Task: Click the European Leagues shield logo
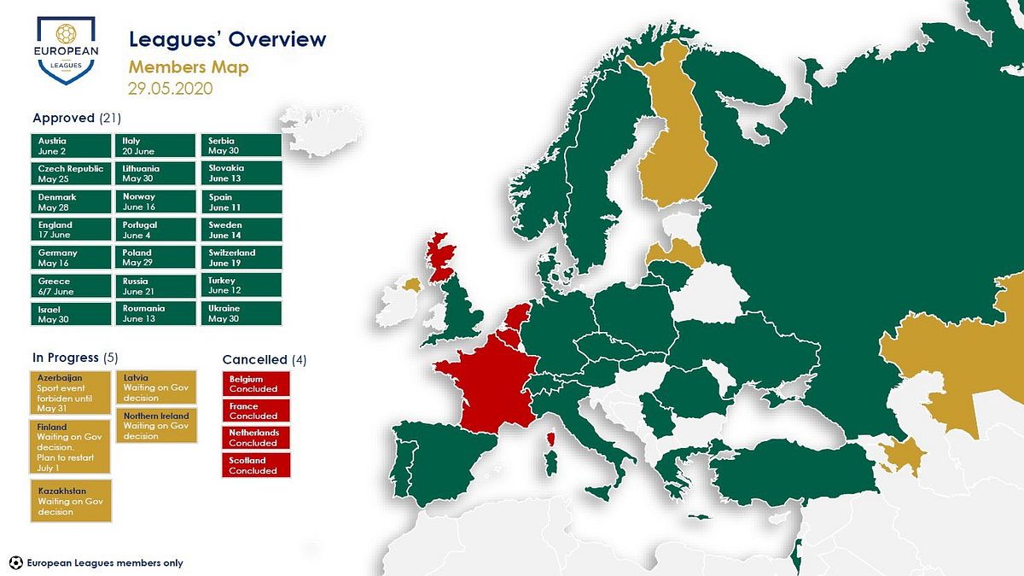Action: tap(67, 50)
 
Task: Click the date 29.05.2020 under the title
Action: tap(170, 88)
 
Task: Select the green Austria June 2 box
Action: tap(71, 146)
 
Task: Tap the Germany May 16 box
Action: tap(71, 258)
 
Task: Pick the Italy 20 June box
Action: tap(155, 146)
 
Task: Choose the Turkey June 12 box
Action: tap(241, 285)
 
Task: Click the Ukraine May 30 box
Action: tap(241, 313)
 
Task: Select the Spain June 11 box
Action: tap(241, 201)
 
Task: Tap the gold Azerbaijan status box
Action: tap(70, 393)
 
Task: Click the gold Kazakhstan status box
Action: tap(71, 501)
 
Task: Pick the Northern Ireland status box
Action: tap(156, 426)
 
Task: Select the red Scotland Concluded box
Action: tap(256, 465)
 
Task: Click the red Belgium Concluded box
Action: tap(256, 383)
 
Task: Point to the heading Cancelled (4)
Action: tap(265, 360)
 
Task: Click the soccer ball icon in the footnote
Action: tap(16, 562)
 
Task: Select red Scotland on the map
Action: tap(440, 257)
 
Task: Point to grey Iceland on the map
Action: tap(323, 131)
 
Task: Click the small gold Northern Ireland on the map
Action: tap(412, 285)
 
